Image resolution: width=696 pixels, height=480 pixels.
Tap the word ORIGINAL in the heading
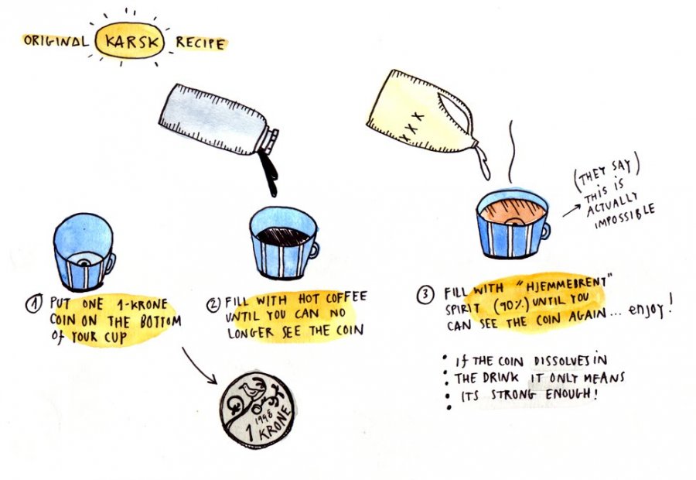56,41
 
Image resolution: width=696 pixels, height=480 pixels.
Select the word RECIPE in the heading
200,43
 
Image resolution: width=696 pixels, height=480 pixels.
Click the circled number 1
34,304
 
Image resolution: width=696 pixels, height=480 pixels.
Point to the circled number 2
213,304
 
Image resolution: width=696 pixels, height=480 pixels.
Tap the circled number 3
425,296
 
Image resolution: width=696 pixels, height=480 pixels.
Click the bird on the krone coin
248,390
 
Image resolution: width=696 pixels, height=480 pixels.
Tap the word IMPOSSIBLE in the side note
625,217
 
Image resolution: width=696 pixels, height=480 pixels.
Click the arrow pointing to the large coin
199,366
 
